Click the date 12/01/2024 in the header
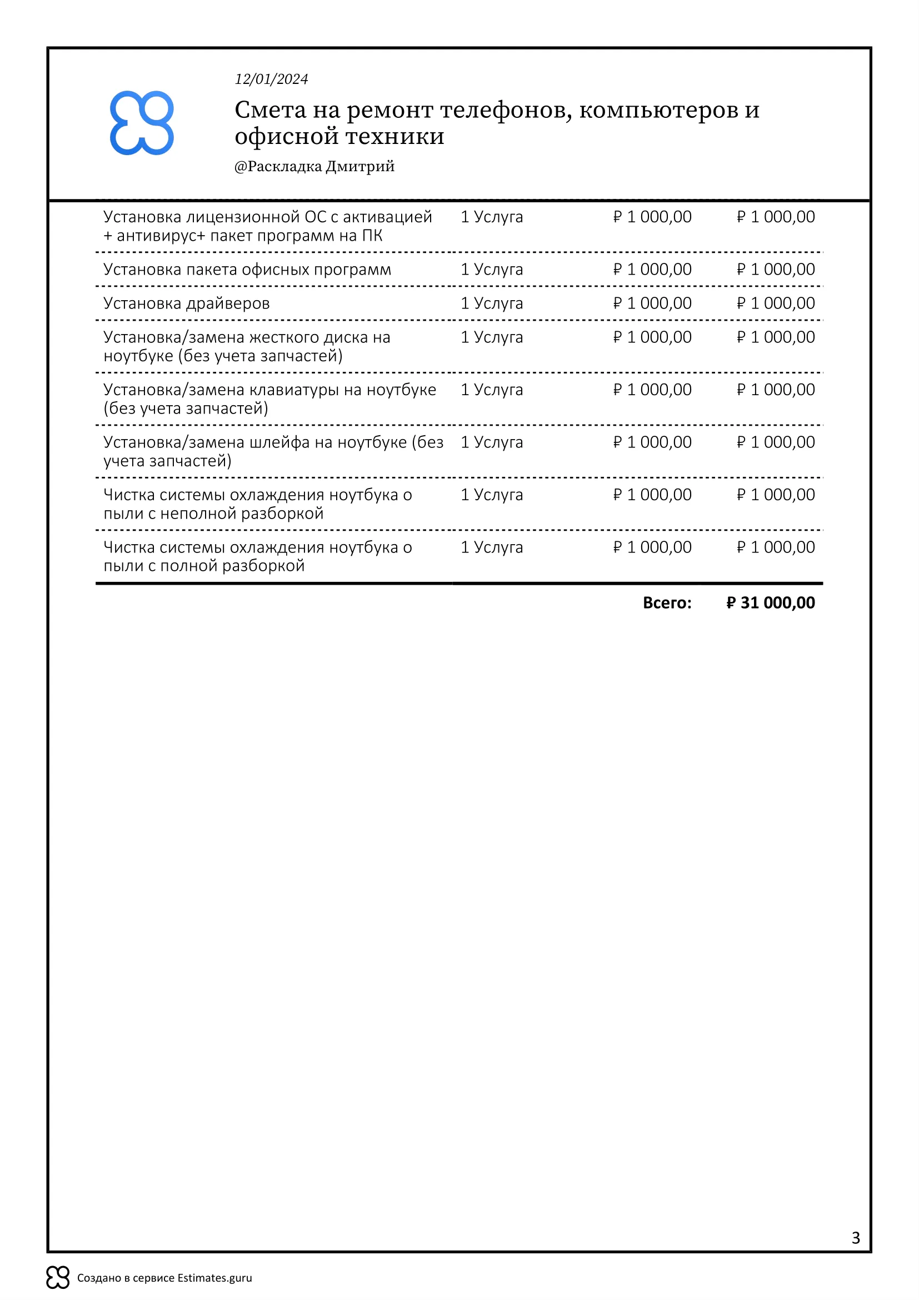coord(271,79)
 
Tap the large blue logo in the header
coord(142,123)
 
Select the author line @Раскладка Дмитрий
coord(314,167)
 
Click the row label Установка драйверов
coord(186,303)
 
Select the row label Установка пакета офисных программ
coord(247,270)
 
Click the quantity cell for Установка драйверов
coord(491,303)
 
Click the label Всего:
coord(667,603)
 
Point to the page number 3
coord(855,1238)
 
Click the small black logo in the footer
coord(58,1277)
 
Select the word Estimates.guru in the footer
coord(214,1278)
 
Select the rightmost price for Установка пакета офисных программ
coord(775,270)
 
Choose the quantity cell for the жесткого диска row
coord(491,337)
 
